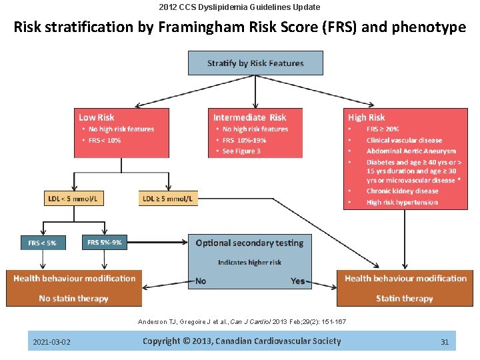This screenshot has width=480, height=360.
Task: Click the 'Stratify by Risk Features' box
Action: click(255, 63)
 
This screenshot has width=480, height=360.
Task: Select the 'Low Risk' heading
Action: click(97, 117)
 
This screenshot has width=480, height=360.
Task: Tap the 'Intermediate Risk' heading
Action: click(249, 117)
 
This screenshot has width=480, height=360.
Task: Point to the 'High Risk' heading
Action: click(366, 117)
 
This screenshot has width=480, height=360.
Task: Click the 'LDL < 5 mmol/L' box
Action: click(75, 198)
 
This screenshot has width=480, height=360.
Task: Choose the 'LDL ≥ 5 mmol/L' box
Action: click(168, 198)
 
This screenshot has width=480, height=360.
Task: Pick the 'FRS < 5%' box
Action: click(42, 243)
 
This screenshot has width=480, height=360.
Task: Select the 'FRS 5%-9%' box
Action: click(105, 243)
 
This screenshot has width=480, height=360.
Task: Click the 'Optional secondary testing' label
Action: click(249, 243)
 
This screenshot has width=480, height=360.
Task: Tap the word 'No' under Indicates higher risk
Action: click(200, 281)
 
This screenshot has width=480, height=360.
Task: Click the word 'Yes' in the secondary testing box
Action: click(298, 281)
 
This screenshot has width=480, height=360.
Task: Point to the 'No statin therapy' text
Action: click(73, 298)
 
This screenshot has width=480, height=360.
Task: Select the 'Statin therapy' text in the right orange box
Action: click(404, 298)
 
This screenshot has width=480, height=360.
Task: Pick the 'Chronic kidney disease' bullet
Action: click(402, 191)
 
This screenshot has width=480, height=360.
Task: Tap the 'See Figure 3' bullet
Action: click(241, 151)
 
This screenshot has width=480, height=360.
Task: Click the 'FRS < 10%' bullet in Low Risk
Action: click(105, 141)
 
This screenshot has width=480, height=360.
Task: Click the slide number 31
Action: click(445, 342)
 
